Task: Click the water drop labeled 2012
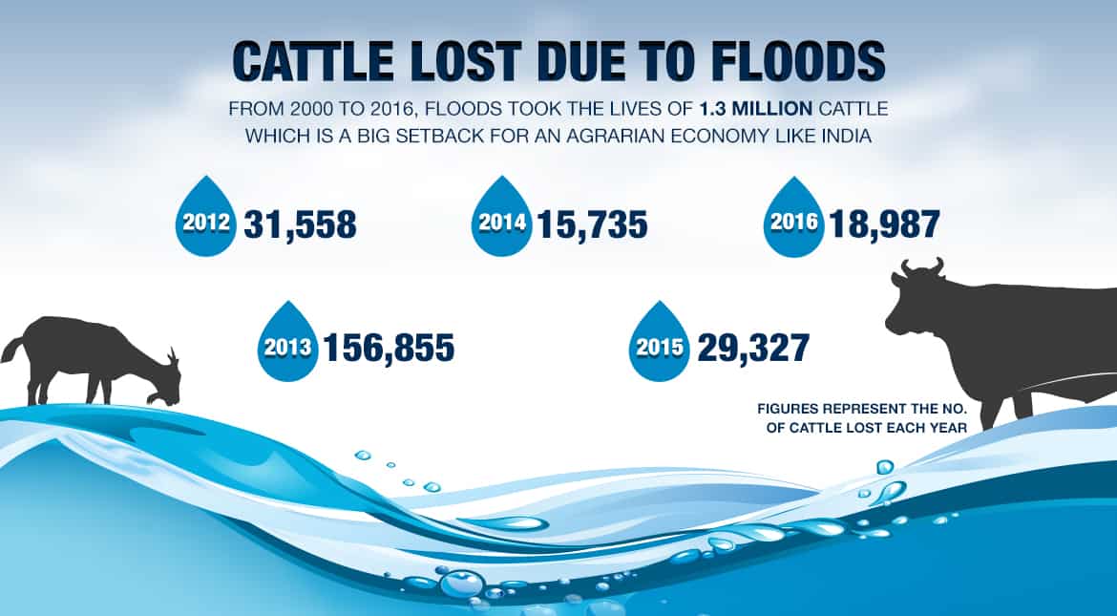point(204,222)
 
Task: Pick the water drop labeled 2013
point(285,345)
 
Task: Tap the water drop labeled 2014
point(502,222)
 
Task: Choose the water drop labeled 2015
point(657,345)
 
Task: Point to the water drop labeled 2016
point(794,222)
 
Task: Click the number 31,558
point(300,224)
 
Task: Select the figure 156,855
point(389,348)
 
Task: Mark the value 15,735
point(592,224)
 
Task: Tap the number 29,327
point(753,348)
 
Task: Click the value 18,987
point(885,224)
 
